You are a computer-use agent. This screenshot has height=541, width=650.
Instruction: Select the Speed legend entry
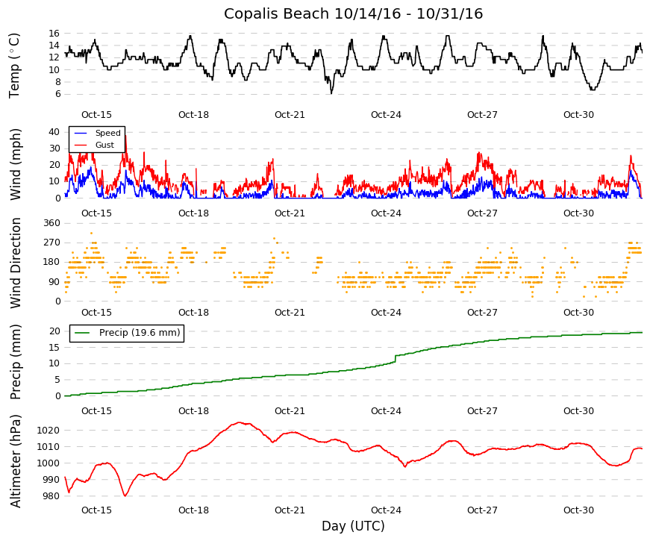pyautogui.click(x=107, y=133)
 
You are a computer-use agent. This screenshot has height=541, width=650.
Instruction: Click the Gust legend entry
pyautogui.click(x=104, y=145)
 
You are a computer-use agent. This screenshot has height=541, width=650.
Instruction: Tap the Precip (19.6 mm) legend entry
pyautogui.click(x=140, y=333)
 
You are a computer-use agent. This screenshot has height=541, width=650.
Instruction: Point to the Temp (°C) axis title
pyautogui.click(x=14, y=66)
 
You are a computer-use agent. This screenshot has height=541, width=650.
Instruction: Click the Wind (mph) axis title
pyautogui.click(x=15, y=165)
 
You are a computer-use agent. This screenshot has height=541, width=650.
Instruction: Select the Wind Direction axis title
pyautogui.click(x=15, y=263)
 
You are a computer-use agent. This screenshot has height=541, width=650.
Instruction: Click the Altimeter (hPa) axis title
pyautogui.click(x=15, y=460)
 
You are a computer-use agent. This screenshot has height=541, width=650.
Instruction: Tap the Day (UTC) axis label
pyautogui.click(x=353, y=526)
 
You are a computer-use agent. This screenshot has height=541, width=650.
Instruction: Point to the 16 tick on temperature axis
pyautogui.click(x=54, y=33)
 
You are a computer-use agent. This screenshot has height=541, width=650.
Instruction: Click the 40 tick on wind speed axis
pyautogui.click(x=54, y=132)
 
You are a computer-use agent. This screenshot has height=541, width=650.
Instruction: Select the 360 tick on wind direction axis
pyautogui.click(x=51, y=223)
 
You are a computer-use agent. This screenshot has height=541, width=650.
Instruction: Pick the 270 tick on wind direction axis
pyautogui.click(x=51, y=243)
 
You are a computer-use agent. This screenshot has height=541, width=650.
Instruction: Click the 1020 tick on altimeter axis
pyautogui.click(x=49, y=431)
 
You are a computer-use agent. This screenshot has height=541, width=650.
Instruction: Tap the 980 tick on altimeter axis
pyautogui.click(x=51, y=495)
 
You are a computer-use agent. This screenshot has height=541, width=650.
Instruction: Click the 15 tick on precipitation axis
pyautogui.click(x=54, y=348)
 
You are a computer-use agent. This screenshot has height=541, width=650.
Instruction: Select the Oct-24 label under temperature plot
pyautogui.click(x=386, y=115)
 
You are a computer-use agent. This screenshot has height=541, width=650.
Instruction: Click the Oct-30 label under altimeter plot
pyautogui.click(x=578, y=510)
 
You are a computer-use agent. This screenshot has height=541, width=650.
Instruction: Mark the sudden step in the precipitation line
pyautogui.click(x=396, y=359)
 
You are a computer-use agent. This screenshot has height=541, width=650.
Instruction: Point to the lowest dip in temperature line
pyautogui.click(x=331, y=93)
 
